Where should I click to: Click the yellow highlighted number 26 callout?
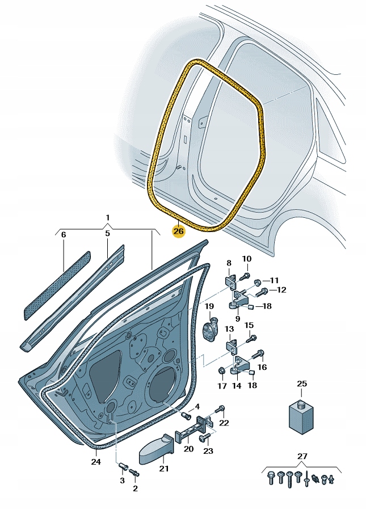tap(179, 231)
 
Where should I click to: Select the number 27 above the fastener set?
tap(302, 456)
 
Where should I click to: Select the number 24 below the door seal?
tap(96, 462)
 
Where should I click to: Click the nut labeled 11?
tap(256, 282)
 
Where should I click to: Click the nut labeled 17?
tap(222, 370)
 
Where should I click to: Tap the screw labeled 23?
tap(205, 438)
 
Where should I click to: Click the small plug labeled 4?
tap(186, 415)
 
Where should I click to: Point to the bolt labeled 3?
tap(123, 467)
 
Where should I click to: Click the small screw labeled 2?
tap(134, 473)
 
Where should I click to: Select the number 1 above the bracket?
tap(108, 218)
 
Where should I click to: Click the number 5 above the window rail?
tap(107, 233)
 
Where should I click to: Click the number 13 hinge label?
tap(229, 329)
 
